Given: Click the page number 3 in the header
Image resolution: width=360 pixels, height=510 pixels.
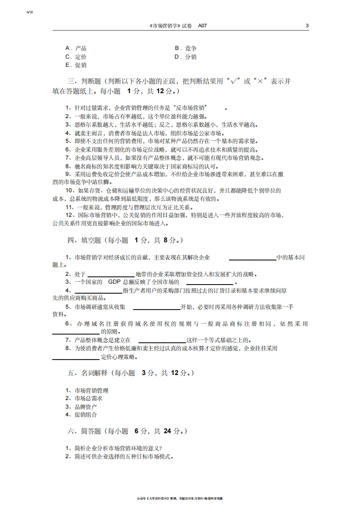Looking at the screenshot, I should click(307, 26).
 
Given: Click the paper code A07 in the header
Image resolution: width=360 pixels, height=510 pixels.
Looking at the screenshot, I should click(202, 26).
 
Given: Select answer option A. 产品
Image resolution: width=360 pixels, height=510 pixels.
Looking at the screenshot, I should click(76, 48).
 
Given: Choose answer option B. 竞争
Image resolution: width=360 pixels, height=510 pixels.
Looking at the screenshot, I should click(185, 48).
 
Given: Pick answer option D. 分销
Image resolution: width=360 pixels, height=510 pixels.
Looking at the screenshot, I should click(185, 57).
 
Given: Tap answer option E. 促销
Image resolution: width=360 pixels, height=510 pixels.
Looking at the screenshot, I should click(76, 65).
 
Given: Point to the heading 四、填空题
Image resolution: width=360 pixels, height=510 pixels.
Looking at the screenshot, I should click(84, 240).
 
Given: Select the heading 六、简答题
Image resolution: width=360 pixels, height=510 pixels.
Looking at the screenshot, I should click(84, 431).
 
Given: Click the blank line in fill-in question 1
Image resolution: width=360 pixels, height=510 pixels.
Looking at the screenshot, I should click(252, 259).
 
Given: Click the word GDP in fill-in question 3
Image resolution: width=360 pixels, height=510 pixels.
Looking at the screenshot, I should click(114, 282).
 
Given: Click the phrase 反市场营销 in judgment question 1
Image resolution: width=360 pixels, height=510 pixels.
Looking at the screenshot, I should click(190, 108).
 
